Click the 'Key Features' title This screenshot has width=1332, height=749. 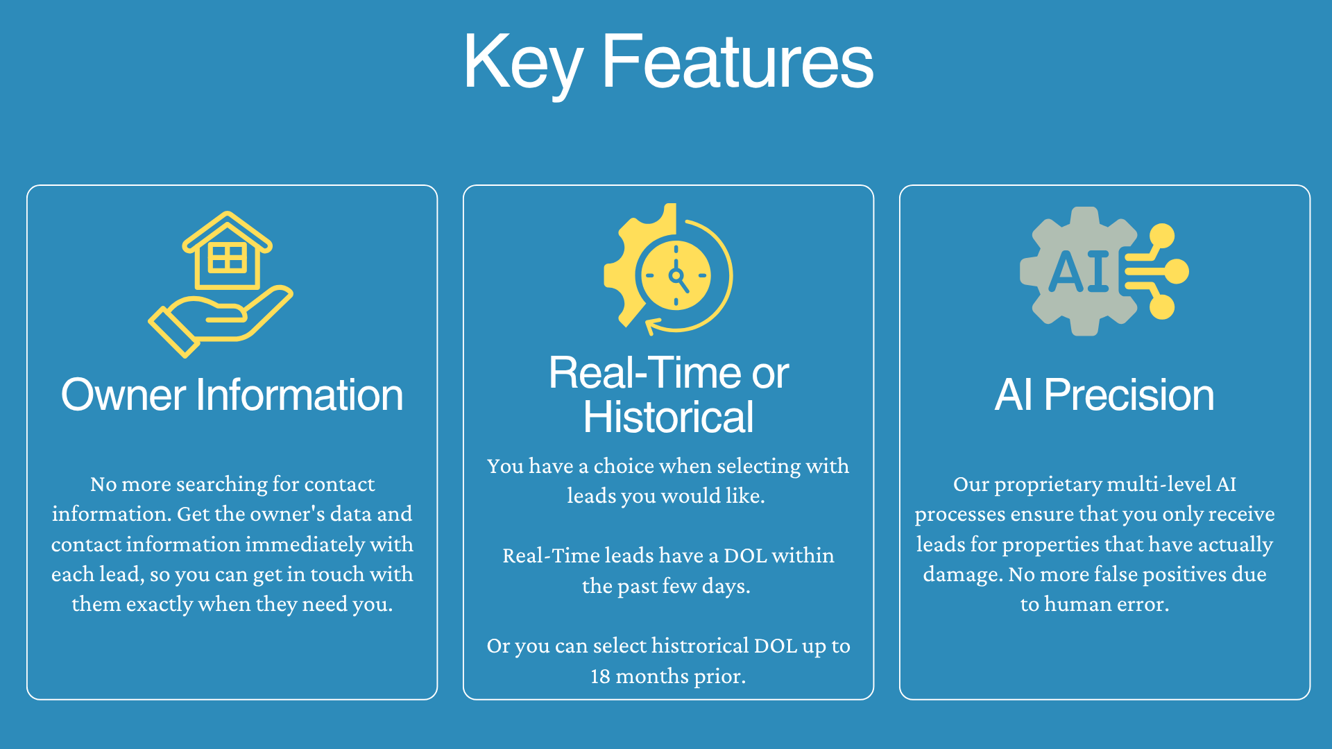tap(668, 62)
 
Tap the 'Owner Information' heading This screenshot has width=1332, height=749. tap(232, 395)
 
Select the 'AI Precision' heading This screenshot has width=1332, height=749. tap(1104, 395)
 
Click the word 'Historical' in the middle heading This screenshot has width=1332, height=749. tap(668, 417)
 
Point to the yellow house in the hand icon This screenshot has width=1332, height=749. tap(227, 250)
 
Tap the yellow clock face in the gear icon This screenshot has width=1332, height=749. tap(676, 275)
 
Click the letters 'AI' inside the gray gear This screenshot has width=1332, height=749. tap(1079, 271)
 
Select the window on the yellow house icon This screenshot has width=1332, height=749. tap(227, 257)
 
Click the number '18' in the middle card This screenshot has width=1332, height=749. tap(600, 676)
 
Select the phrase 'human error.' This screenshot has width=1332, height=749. tap(1107, 604)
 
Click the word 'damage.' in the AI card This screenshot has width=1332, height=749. tap(963, 575)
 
